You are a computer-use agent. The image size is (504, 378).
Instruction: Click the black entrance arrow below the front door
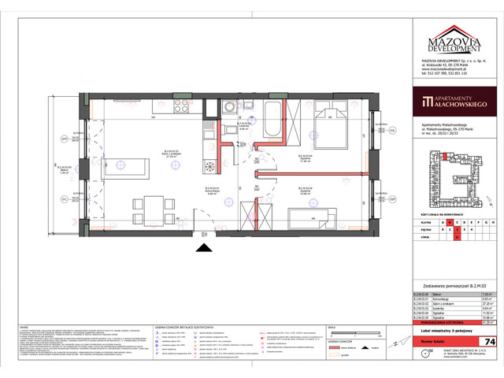pyautogui.click(x=204, y=248)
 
